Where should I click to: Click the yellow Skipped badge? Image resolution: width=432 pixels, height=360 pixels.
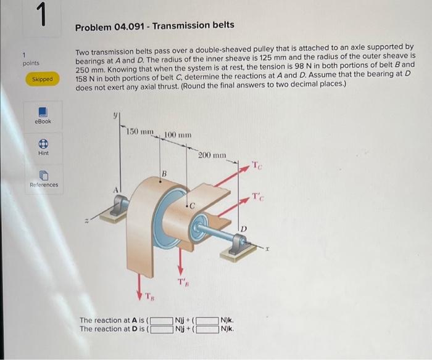click(x=43, y=80)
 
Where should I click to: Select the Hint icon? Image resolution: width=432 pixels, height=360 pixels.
click(x=43, y=142)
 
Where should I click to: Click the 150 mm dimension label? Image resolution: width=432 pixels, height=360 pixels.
click(x=139, y=131)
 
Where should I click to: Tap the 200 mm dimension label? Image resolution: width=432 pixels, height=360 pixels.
click(x=212, y=156)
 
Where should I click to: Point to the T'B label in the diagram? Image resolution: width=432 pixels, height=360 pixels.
click(x=183, y=283)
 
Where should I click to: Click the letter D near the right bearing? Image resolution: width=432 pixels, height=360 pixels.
click(x=244, y=229)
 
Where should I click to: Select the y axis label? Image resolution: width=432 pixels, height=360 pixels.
click(x=114, y=114)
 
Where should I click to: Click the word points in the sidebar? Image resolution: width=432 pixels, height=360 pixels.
click(x=31, y=63)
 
